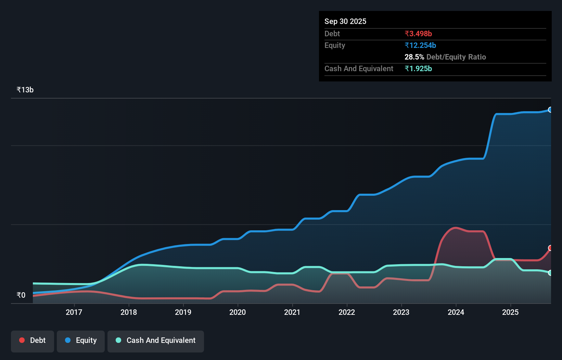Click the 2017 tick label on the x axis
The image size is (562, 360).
pyautogui.click(x=74, y=312)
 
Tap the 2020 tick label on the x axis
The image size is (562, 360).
pyautogui.click(x=238, y=312)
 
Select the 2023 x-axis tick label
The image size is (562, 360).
pyautogui.click(x=401, y=312)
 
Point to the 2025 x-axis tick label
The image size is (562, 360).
pyautogui.click(x=510, y=312)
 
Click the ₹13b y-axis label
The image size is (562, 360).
pyautogui.click(x=25, y=90)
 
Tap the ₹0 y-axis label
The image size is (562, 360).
pyautogui.click(x=21, y=295)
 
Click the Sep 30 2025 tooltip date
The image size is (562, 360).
pyautogui.click(x=345, y=21)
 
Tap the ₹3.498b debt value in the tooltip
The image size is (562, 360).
pyautogui.click(x=418, y=34)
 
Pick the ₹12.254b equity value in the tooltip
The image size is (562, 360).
pyautogui.click(x=420, y=45)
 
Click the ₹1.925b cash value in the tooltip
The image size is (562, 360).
pyautogui.click(x=418, y=68)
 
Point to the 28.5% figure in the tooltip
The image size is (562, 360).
pyautogui.click(x=414, y=57)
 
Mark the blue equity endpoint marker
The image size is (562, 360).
pyautogui.click(x=550, y=110)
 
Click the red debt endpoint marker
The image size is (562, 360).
pyautogui.click(x=550, y=248)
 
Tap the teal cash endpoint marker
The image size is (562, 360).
pyautogui.click(x=550, y=273)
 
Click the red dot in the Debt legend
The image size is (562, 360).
pyautogui.click(x=22, y=340)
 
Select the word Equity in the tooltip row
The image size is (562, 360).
pyautogui.click(x=335, y=45)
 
